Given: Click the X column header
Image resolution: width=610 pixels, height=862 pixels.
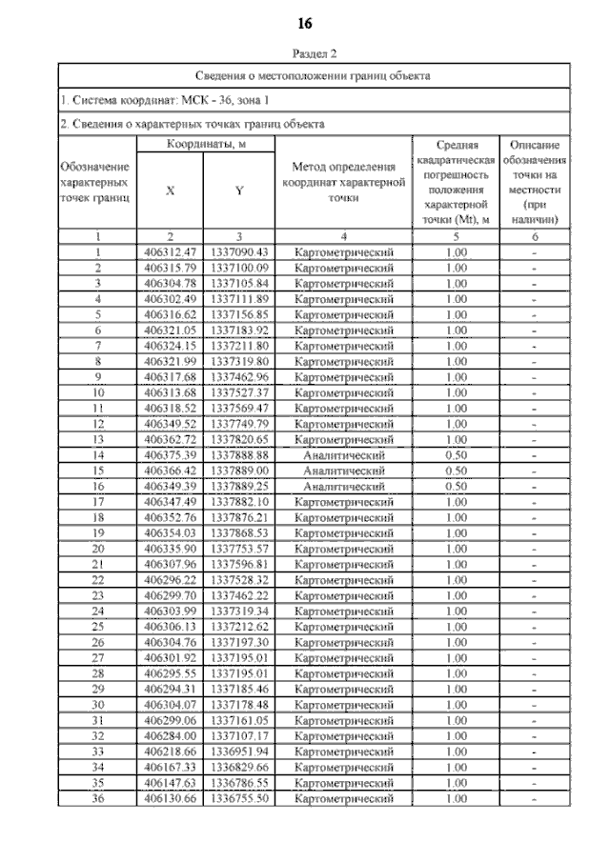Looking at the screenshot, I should (171, 190).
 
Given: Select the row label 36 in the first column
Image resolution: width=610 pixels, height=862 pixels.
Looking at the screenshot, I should (99, 797).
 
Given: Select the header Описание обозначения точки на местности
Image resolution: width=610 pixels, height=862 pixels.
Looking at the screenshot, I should (534, 182).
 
